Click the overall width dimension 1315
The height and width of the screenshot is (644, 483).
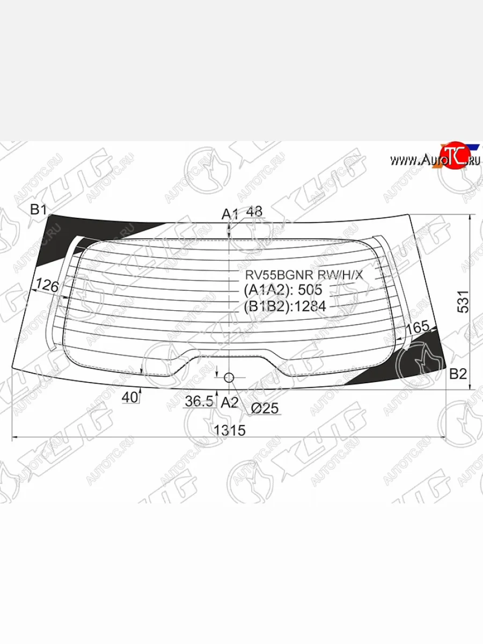[229, 430]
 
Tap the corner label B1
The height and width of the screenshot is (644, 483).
[39, 210]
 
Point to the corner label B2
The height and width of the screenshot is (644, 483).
[457, 374]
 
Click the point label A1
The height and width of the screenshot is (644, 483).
[230, 214]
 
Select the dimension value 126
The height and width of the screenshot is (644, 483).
[47, 286]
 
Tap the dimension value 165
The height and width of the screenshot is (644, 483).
[421, 327]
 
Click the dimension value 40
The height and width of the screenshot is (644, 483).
[129, 398]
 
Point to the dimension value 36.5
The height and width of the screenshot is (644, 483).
[199, 401]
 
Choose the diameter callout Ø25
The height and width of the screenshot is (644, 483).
[265, 408]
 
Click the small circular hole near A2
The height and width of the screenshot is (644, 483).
[229, 378]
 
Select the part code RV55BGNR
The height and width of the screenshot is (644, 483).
[280, 275]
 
